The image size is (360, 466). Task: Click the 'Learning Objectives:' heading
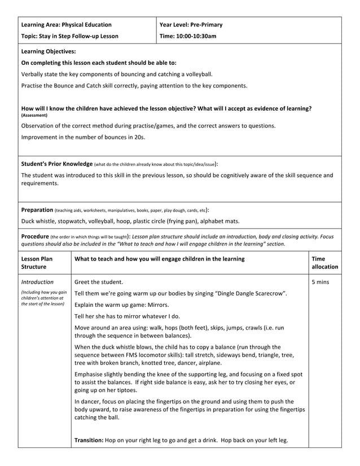point(49,51)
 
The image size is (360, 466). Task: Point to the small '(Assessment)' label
point(34,116)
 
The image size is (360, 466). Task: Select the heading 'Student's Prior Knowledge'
point(56,164)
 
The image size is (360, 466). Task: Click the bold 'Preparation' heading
point(37,209)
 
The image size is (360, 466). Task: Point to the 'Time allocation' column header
point(324,262)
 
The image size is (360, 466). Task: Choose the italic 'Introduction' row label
point(37,282)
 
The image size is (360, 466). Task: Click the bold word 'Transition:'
point(93,440)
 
